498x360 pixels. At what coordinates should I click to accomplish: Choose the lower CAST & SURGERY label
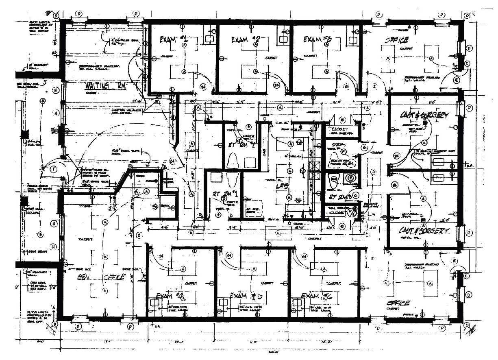click(x=425, y=231)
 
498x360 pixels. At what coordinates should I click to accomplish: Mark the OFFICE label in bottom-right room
click(x=398, y=303)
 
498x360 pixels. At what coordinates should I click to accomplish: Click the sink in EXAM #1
click(x=209, y=39)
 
